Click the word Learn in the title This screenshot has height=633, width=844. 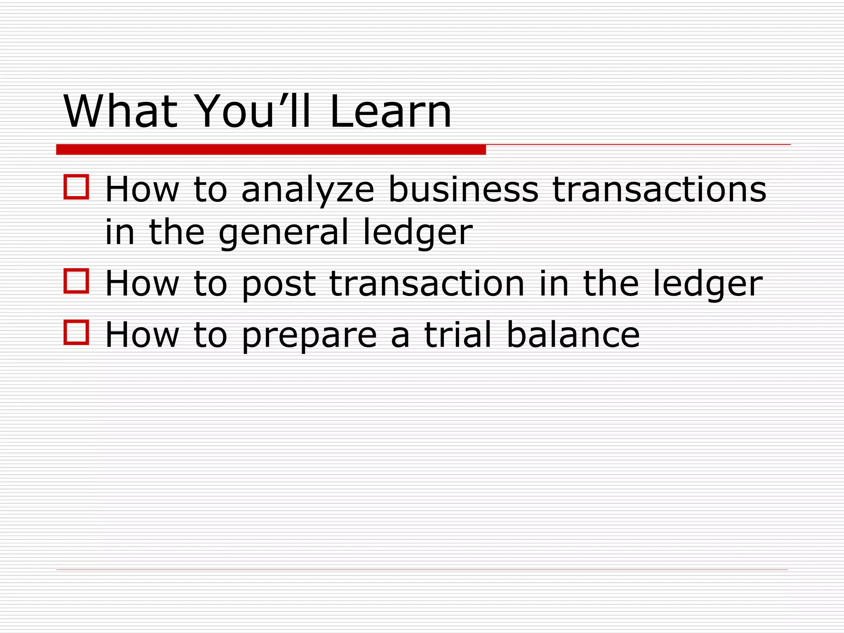pyautogui.click(x=391, y=111)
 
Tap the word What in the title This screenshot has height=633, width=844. pyautogui.click(x=120, y=111)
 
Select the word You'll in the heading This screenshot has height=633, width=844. pyautogui.click(x=252, y=111)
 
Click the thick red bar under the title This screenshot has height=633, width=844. pyautogui.click(x=271, y=150)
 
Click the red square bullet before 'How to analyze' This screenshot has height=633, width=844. pyautogui.click(x=76, y=187)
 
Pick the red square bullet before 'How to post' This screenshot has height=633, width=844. pyautogui.click(x=76, y=281)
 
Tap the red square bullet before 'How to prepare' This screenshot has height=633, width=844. pyautogui.click(x=76, y=332)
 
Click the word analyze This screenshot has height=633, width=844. pyautogui.click(x=307, y=190)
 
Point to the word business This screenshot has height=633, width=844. pyautogui.click(x=463, y=190)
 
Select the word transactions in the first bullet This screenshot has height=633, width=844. pyautogui.click(x=659, y=190)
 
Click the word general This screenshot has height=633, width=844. pyautogui.click(x=284, y=233)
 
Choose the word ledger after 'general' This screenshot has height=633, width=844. pyautogui.click(x=417, y=233)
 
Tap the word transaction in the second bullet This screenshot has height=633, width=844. pyautogui.click(x=427, y=284)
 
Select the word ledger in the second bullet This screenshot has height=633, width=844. pyautogui.click(x=708, y=284)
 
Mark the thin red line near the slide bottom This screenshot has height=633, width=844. pyautogui.click(x=422, y=570)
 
